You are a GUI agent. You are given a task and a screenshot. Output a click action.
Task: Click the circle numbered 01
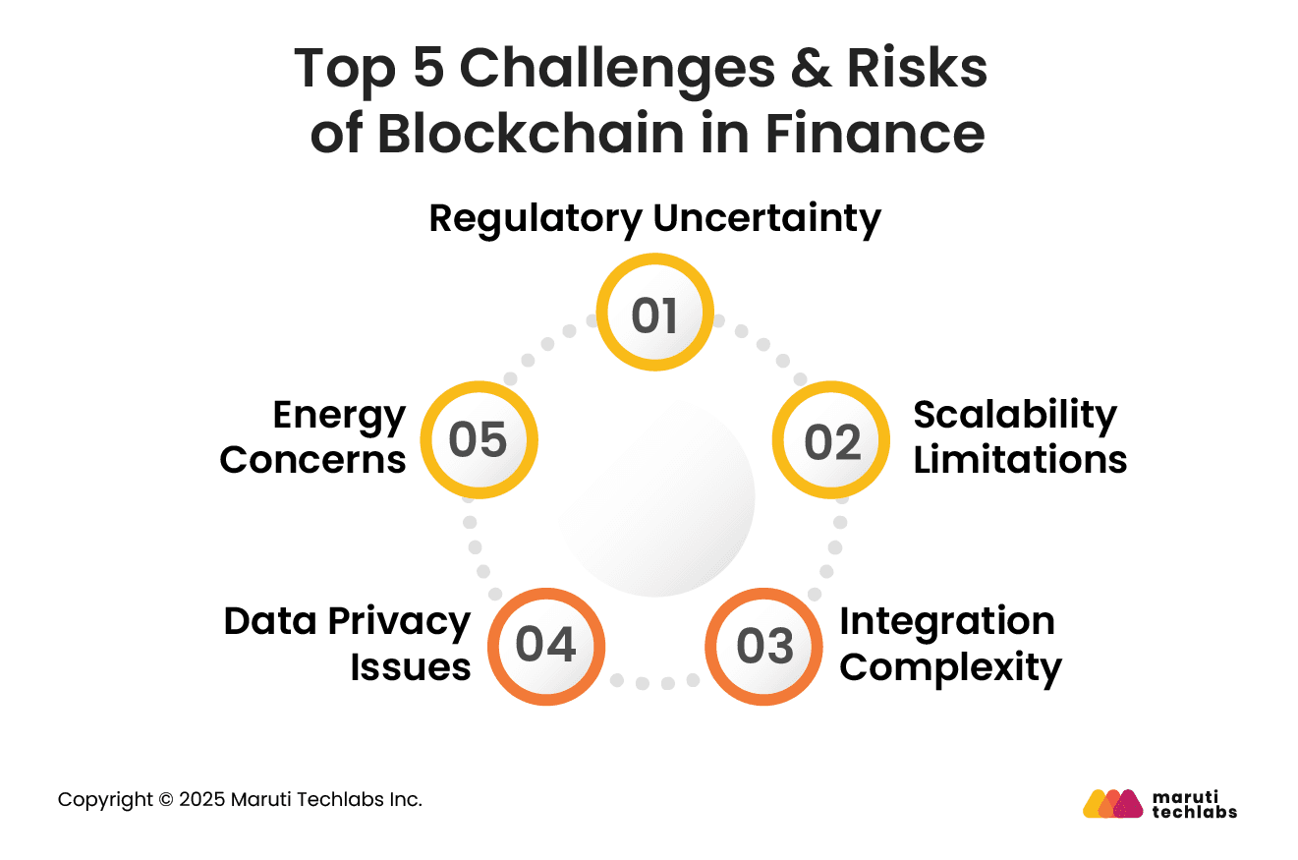click(x=655, y=314)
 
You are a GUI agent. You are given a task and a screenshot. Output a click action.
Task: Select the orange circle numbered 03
click(x=763, y=647)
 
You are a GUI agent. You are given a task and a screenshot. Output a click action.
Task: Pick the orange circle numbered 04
click(x=546, y=647)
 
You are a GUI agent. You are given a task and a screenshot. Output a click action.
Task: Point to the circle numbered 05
click(x=479, y=439)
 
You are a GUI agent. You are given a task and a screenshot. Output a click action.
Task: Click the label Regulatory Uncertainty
click(x=655, y=218)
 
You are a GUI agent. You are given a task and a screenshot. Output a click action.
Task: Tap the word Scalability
click(x=1015, y=415)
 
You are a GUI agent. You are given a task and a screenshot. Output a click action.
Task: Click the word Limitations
click(x=1020, y=460)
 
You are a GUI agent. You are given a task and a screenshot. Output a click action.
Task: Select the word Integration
click(x=947, y=621)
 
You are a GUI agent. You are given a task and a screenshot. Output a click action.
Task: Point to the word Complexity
click(x=951, y=667)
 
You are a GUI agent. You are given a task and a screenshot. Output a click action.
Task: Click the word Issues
click(x=411, y=667)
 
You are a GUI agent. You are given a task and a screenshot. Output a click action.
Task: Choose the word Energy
click(x=339, y=415)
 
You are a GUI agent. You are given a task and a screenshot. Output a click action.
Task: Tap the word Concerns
click(x=312, y=460)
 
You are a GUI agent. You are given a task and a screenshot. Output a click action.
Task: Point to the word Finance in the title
click(x=875, y=134)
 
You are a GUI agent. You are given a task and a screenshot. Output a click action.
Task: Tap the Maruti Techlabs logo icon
click(x=1112, y=803)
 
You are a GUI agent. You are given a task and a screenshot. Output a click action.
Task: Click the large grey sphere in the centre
click(x=656, y=498)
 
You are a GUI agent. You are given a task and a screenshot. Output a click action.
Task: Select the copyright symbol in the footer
click(x=165, y=800)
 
